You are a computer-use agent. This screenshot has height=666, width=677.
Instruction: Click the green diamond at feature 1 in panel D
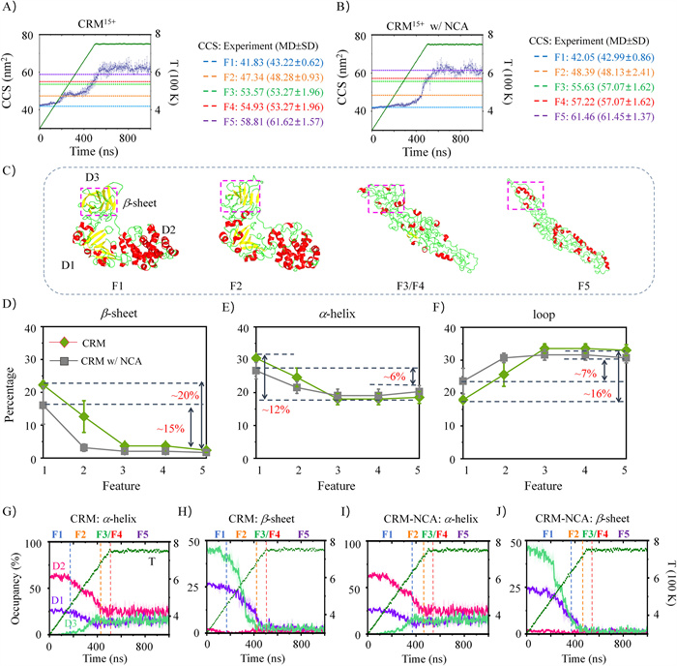pos(42,385)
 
